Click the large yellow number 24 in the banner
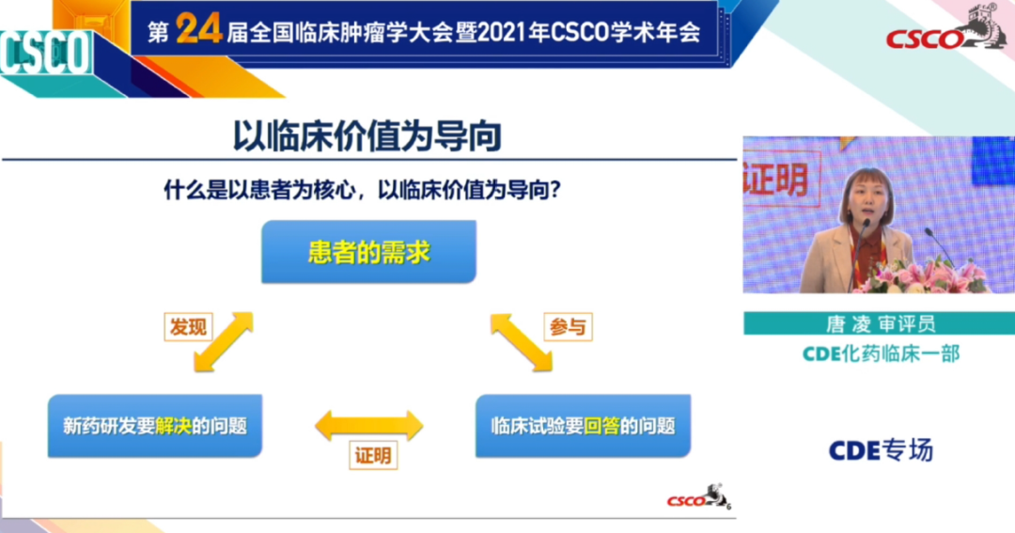point(198,31)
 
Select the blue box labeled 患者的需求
point(368,253)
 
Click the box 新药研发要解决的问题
point(155,426)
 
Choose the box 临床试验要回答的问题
point(583,426)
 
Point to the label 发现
point(186,326)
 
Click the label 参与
point(568,326)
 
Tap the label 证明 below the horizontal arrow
point(371,455)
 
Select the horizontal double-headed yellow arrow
point(368,425)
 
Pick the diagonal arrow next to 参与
point(521,342)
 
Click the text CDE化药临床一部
point(880,353)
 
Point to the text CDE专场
point(880,450)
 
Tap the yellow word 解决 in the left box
point(173,426)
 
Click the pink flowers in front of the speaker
point(926,275)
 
